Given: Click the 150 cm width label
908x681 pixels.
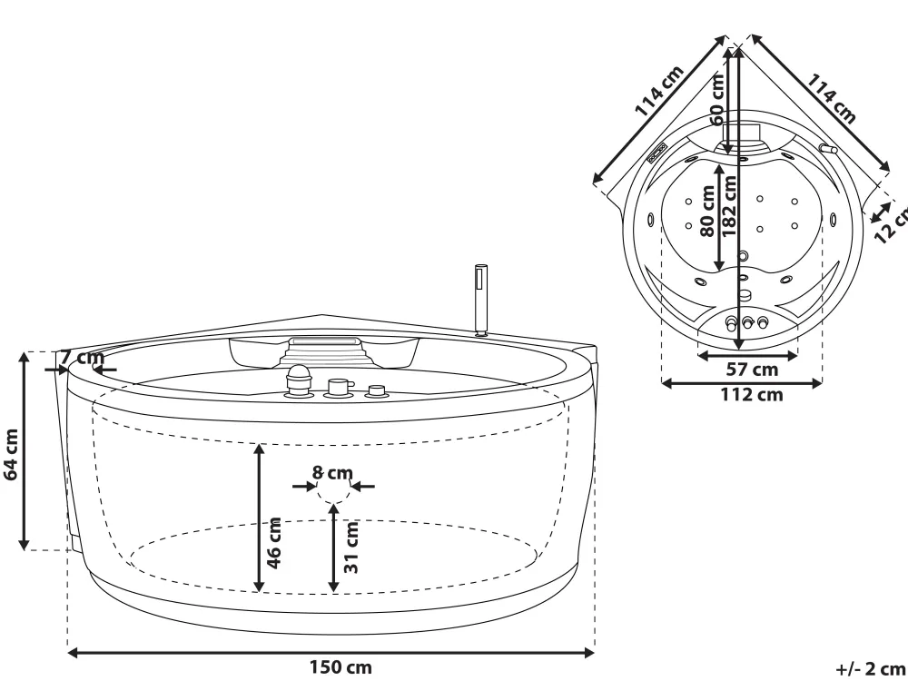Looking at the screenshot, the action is tap(340, 667).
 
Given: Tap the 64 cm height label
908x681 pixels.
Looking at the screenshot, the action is tap(12, 455).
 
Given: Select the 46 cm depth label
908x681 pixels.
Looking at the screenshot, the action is tap(273, 543).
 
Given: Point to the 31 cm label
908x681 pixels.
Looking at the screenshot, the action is tap(351, 548).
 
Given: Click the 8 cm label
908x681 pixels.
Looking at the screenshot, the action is tap(332, 473).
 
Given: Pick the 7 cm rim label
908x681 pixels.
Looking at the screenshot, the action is tap(83, 357).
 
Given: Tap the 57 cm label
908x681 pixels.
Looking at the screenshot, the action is tap(752, 370).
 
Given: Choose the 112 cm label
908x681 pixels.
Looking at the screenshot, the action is tap(752, 395).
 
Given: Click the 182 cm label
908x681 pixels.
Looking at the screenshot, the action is tap(729, 206).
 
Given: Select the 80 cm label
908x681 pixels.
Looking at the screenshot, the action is tap(707, 212).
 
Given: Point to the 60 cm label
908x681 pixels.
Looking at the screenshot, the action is tap(717, 99).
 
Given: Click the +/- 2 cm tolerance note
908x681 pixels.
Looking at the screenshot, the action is tap(870, 669).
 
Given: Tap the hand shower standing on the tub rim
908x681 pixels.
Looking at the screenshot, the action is tap(480, 300).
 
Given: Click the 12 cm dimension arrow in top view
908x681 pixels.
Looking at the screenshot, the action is tap(881, 212).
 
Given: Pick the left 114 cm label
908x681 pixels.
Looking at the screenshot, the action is tap(659, 92).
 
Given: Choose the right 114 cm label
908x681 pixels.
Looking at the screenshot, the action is tap(832, 98).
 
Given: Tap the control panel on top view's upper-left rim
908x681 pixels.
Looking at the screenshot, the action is tap(657, 153).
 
